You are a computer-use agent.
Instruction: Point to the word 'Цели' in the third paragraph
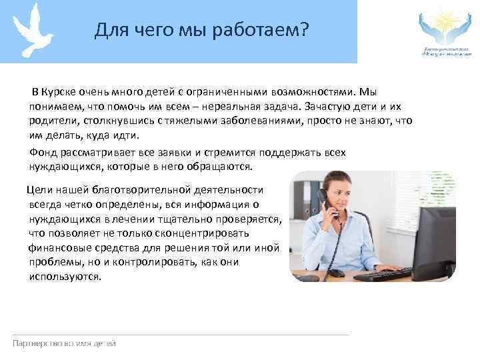point(38,190)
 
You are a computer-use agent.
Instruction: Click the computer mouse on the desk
point(337,273)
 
